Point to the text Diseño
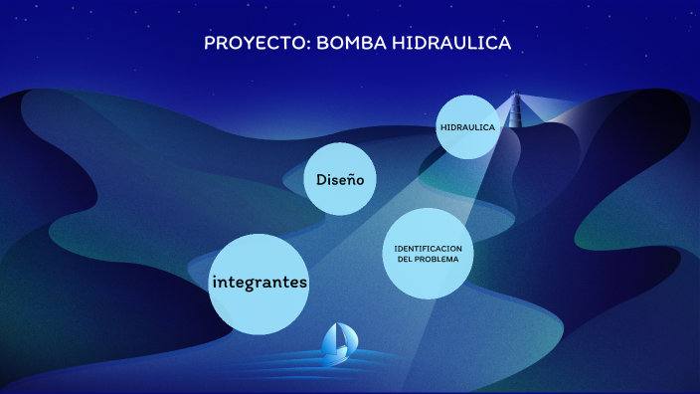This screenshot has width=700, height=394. pos(339,180)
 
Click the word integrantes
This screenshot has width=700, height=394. pos(260,283)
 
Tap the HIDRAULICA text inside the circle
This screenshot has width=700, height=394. pos(467,127)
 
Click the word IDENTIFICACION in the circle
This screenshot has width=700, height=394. pos(428,247)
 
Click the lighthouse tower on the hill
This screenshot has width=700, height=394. pos(515,112)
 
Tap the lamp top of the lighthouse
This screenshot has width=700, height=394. pos(515,95)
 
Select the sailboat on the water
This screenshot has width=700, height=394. pos(339,341)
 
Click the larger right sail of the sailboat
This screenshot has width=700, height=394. pos(344,337)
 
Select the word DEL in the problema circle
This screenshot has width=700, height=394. pos(405,259)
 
